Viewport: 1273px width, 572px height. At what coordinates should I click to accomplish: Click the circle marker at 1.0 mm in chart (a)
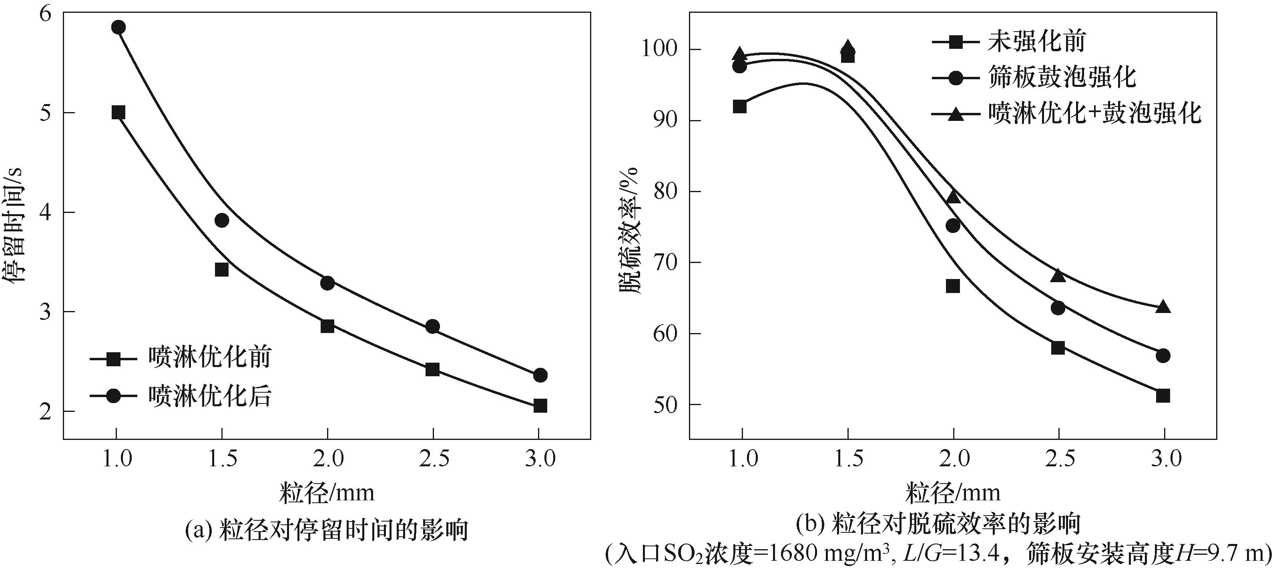(118, 27)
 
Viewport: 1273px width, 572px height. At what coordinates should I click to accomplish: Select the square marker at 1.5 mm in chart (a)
(222, 270)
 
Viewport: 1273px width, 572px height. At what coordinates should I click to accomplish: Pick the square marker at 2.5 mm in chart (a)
(432, 369)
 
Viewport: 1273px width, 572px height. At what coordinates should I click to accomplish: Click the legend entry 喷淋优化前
(209, 357)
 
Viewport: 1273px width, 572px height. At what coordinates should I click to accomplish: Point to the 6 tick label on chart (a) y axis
(44, 14)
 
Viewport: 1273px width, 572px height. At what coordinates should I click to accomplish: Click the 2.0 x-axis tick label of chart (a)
(327, 459)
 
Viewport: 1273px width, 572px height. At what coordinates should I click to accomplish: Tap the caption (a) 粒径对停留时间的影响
(327, 530)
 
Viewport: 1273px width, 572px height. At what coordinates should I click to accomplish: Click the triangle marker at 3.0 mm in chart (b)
(1163, 307)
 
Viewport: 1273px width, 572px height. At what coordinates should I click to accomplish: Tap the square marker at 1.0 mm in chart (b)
(740, 106)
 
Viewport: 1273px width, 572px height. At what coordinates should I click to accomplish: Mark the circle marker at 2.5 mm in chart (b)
(1058, 308)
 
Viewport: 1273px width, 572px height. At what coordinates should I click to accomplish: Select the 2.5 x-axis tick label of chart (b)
(1058, 459)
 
